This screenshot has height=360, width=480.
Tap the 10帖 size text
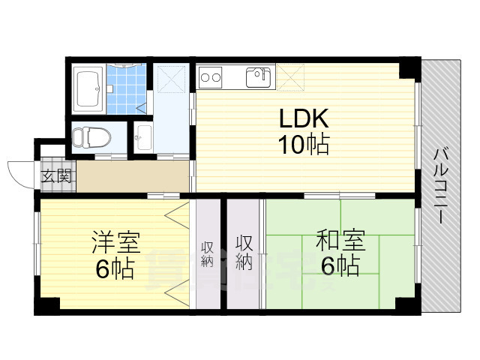tap(304, 145)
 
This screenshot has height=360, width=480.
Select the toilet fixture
tap(91, 138)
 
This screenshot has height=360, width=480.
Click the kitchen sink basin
tap(259, 76)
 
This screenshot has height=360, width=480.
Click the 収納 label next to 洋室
tap(206, 254)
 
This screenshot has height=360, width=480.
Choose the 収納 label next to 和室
tap(244, 253)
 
